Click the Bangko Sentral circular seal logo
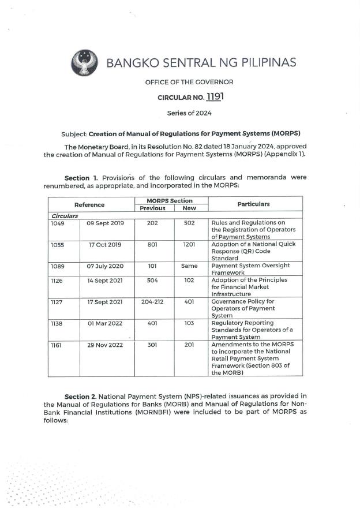click(85, 62)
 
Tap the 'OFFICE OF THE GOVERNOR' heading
click(189, 82)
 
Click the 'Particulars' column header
click(253, 204)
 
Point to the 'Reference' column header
click(89, 204)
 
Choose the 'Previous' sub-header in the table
click(153, 208)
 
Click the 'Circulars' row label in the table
click(65, 216)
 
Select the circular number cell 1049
click(58, 223)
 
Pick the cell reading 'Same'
click(189, 266)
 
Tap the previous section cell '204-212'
click(153, 301)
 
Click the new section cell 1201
click(189, 244)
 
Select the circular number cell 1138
click(58, 323)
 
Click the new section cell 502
click(189, 223)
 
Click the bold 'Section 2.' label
click(80, 397)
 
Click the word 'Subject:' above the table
click(74, 133)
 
